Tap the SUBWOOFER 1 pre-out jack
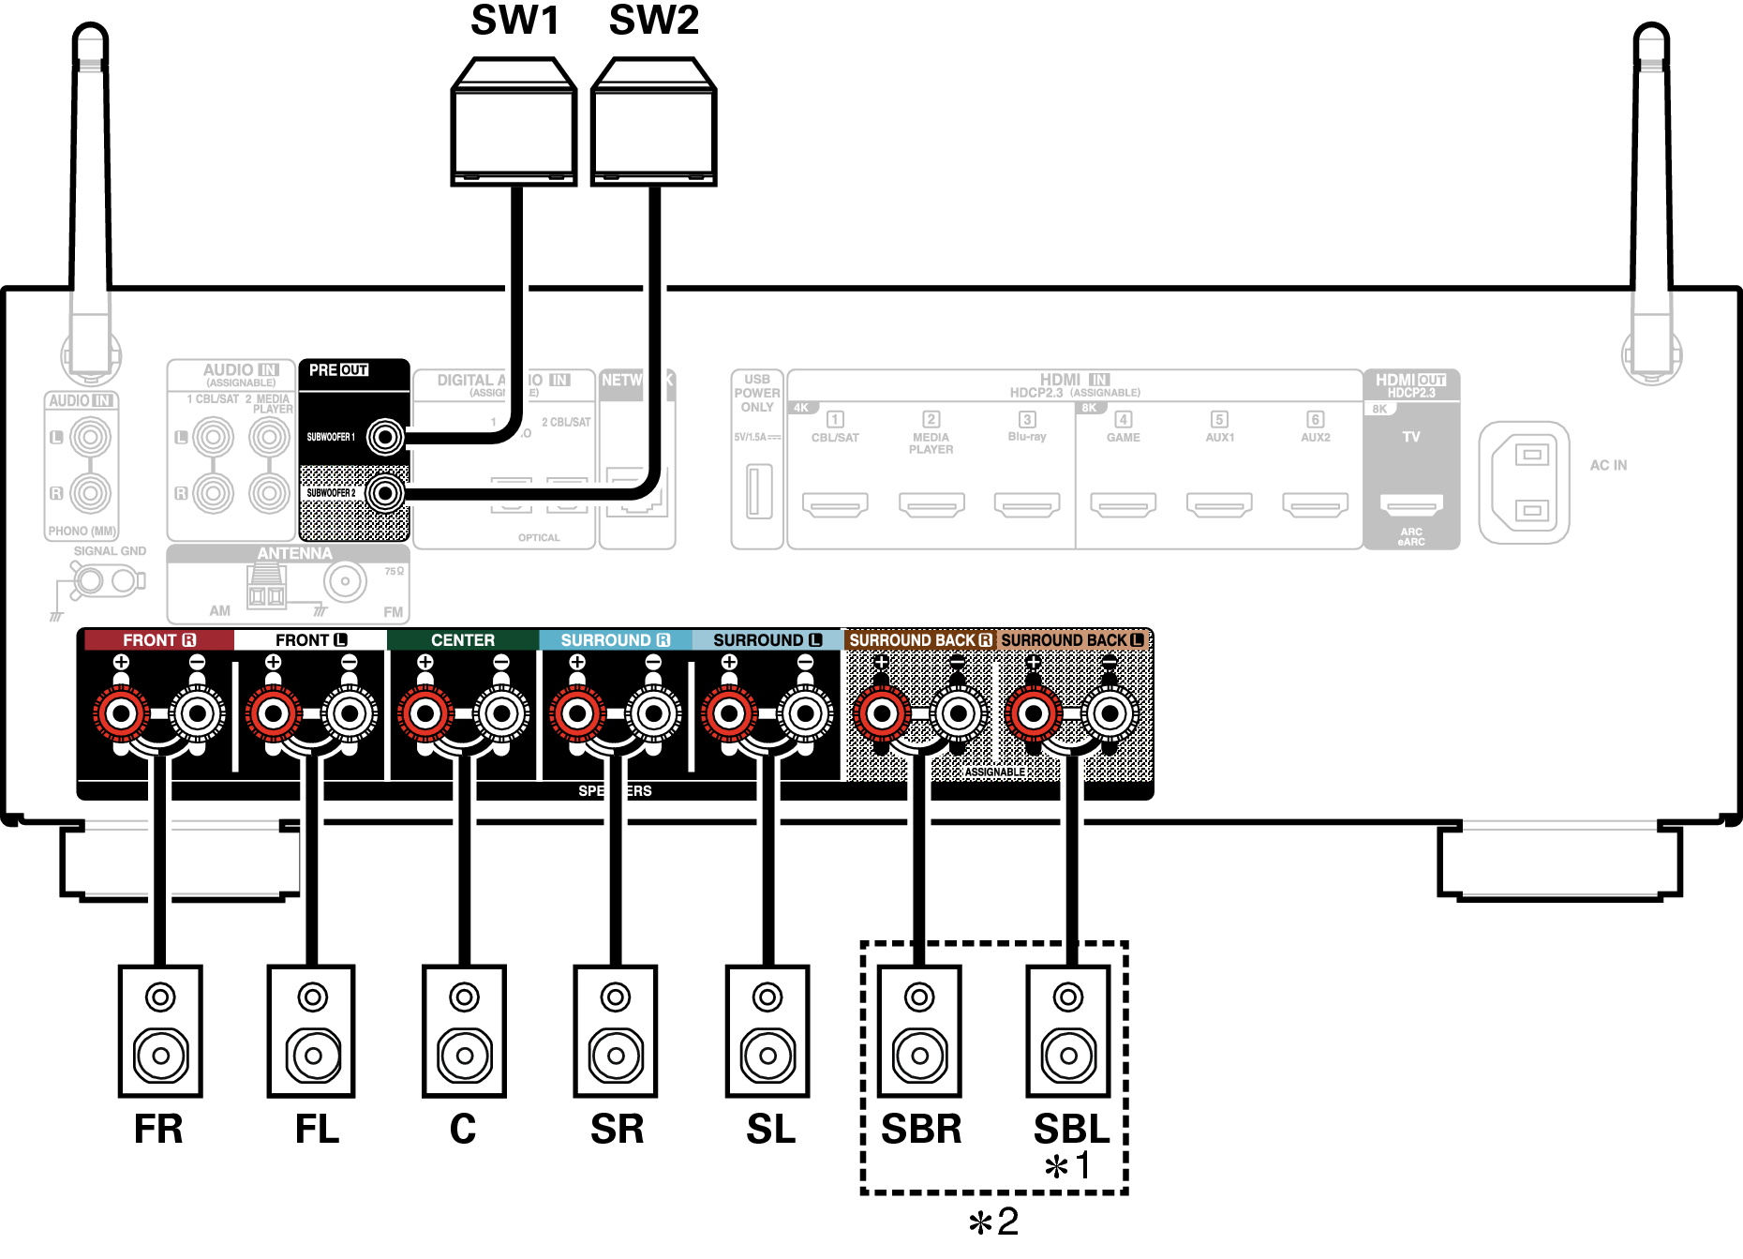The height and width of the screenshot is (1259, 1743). pos(385,437)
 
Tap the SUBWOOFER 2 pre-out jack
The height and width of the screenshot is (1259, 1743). pos(385,493)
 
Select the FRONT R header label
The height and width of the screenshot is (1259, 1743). pos(158,640)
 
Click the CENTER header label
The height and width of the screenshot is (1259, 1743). pos(462,640)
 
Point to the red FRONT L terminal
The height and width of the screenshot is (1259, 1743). pos(273,714)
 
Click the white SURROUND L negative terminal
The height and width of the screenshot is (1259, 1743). pos(805,714)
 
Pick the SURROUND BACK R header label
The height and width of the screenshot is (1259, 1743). pos(919,640)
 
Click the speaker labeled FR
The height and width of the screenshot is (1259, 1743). pos(160,1031)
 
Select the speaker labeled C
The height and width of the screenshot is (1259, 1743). pos(464,1031)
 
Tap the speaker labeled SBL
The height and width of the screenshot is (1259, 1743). pos(1068,1031)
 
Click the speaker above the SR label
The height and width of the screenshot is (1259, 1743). pos(616,1031)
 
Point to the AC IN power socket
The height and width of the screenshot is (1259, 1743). pos(1525,483)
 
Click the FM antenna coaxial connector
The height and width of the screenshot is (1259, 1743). pos(345,582)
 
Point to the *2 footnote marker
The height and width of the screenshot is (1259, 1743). pos(993,1222)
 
